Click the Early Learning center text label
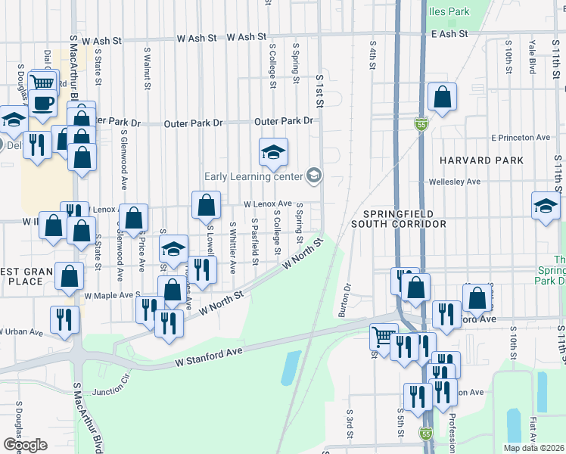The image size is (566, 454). pos(253,177)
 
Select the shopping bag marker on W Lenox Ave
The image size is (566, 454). pos(207,204)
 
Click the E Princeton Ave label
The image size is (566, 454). pos(520,138)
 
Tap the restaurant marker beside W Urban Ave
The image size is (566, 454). pos(64,319)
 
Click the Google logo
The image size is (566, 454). pos(25,445)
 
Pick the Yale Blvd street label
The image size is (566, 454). pos(533,57)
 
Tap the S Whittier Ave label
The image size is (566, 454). pos(232,247)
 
